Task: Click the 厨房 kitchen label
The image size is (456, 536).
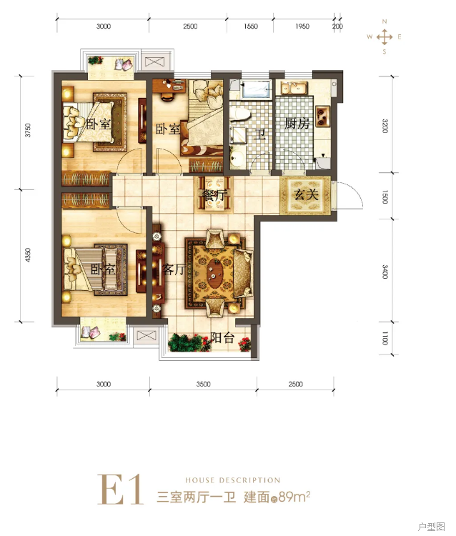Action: pyautogui.click(x=297, y=124)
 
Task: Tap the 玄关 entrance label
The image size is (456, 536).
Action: pyautogui.click(x=307, y=194)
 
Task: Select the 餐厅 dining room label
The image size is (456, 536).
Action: pyautogui.click(x=214, y=196)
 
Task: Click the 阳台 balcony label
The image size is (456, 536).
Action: pyautogui.click(x=222, y=338)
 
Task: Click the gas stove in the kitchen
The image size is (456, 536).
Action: pyautogui.click(x=322, y=116)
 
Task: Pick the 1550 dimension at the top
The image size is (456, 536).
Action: pyautogui.click(x=251, y=26)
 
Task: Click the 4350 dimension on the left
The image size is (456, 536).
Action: pyautogui.click(x=28, y=255)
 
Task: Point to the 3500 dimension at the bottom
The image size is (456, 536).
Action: pyautogui.click(x=204, y=384)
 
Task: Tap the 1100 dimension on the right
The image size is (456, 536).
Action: pyautogui.click(x=385, y=338)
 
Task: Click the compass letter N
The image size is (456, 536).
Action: pyautogui.click(x=385, y=21)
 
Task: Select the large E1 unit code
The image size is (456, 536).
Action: pyautogui.click(x=120, y=490)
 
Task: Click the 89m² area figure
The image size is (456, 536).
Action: pyautogui.click(x=294, y=497)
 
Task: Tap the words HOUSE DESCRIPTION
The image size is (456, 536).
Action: pyautogui.click(x=233, y=480)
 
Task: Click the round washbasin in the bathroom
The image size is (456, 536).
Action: pyautogui.click(x=237, y=157)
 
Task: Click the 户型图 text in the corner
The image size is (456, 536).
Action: pyautogui.click(x=432, y=527)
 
